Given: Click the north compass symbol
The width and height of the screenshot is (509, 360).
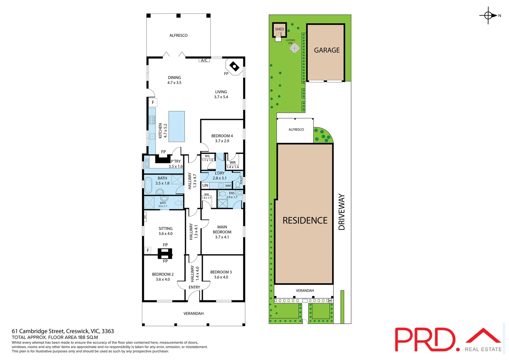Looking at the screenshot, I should [x=488, y=15].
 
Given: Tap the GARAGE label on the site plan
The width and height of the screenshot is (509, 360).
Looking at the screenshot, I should [x=327, y=50].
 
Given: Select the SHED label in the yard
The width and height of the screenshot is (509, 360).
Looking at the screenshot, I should [x=279, y=29].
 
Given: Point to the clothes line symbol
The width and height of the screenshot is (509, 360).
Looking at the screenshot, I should [x=294, y=48].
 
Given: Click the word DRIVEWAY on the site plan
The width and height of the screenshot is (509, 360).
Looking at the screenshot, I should [x=342, y=212].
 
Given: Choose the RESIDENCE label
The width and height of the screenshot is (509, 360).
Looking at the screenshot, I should [x=305, y=220].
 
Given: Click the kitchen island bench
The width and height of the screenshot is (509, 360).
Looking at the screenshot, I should [x=177, y=126].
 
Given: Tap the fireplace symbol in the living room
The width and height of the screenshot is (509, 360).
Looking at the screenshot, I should [x=235, y=67].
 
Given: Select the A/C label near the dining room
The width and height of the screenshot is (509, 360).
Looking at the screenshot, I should [x=204, y=60].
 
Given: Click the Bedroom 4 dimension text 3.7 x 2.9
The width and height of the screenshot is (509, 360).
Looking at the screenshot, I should [x=222, y=141].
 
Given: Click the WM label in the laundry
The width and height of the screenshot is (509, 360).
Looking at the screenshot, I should [x=228, y=186].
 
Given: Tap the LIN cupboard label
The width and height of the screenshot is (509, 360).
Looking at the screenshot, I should [x=205, y=185].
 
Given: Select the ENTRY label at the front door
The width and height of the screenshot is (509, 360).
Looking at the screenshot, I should [x=194, y=287].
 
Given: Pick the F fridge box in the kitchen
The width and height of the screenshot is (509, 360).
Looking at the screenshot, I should [x=153, y=103].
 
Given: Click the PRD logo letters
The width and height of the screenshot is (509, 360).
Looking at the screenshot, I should [x=425, y=339].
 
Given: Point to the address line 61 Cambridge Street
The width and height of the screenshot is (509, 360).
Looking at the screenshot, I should [x=63, y=331].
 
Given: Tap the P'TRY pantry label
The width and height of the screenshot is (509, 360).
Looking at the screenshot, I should [x=176, y=161].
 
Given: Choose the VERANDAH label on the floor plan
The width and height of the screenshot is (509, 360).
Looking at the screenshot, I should [x=193, y=314].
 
